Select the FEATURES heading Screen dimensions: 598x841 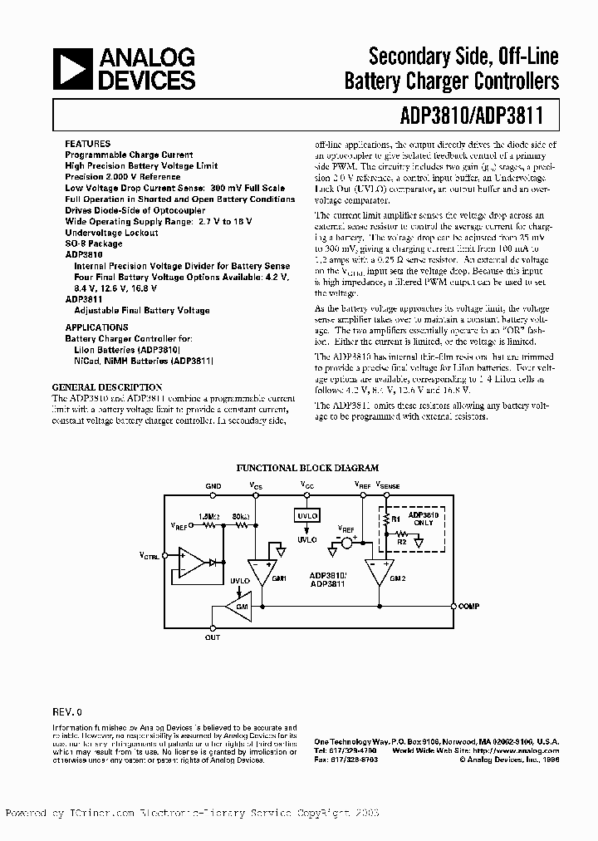87,144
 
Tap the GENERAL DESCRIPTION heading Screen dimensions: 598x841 107,387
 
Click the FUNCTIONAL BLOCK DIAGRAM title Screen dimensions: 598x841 307,469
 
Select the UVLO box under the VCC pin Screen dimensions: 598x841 307,516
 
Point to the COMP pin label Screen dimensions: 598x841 469,607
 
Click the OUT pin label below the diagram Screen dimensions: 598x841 213,637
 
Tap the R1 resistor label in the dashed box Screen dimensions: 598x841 396,519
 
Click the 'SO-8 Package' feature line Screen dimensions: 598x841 94,244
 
